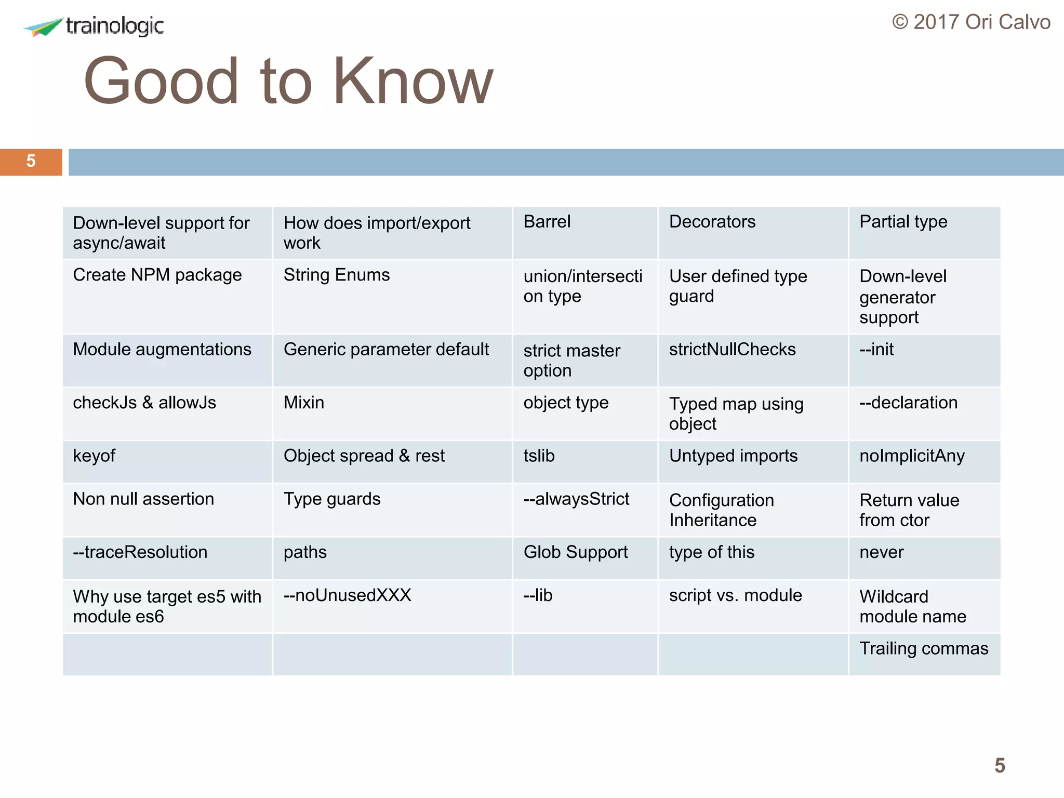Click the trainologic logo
coord(94,26)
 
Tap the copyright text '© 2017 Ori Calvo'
coord(971,22)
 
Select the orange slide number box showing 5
coord(31,162)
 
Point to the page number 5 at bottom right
coord(1000,765)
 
